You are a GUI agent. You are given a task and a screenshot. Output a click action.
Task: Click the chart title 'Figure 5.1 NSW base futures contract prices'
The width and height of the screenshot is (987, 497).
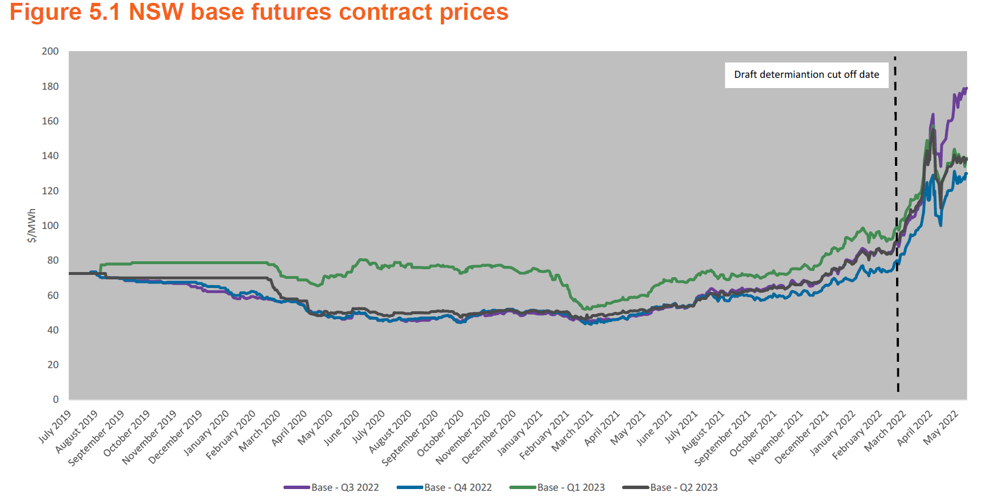pyautogui.click(x=259, y=12)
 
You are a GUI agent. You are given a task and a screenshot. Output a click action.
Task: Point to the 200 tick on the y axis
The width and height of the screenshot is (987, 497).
pyautogui.click(x=50, y=51)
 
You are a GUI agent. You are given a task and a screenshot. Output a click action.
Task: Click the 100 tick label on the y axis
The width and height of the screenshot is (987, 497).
pyautogui.click(x=50, y=225)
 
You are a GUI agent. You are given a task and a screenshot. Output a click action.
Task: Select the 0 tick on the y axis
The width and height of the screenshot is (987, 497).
pyautogui.click(x=56, y=399)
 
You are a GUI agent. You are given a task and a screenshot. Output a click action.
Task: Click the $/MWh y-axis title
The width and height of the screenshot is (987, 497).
pyautogui.click(x=32, y=225)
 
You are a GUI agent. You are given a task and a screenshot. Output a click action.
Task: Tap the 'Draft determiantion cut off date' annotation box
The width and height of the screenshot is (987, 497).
pyautogui.click(x=806, y=74)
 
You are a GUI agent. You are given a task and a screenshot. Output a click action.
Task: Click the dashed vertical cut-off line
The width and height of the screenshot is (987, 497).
pyautogui.click(x=897, y=227)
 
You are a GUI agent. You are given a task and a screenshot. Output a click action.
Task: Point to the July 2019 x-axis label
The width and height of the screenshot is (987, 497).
pyautogui.click(x=55, y=427)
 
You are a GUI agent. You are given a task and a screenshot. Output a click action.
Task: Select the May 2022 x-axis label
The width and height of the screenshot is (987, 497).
pyautogui.click(x=941, y=428)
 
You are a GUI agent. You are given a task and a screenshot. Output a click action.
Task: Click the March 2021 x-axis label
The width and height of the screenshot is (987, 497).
pyautogui.click(x=573, y=431)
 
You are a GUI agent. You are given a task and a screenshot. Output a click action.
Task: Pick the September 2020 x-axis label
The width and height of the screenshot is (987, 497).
pyautogui.click(x=410, y=438)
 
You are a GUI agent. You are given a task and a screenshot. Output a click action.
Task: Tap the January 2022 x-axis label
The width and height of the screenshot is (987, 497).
pyautogui.click(x=833, y=433)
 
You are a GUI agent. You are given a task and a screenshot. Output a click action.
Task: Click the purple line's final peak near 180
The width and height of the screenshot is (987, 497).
pyautogui.click(x=965, y=89)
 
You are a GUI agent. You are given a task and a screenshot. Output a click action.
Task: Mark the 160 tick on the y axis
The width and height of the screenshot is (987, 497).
pyautogui.click(x=50, y=121)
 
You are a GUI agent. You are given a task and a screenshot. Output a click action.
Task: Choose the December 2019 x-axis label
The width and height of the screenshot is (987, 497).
pyautogui.click(x=176, y=437)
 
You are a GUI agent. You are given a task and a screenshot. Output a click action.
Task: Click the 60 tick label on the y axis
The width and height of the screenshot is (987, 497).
pyautogui.click(x=53, y=295)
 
